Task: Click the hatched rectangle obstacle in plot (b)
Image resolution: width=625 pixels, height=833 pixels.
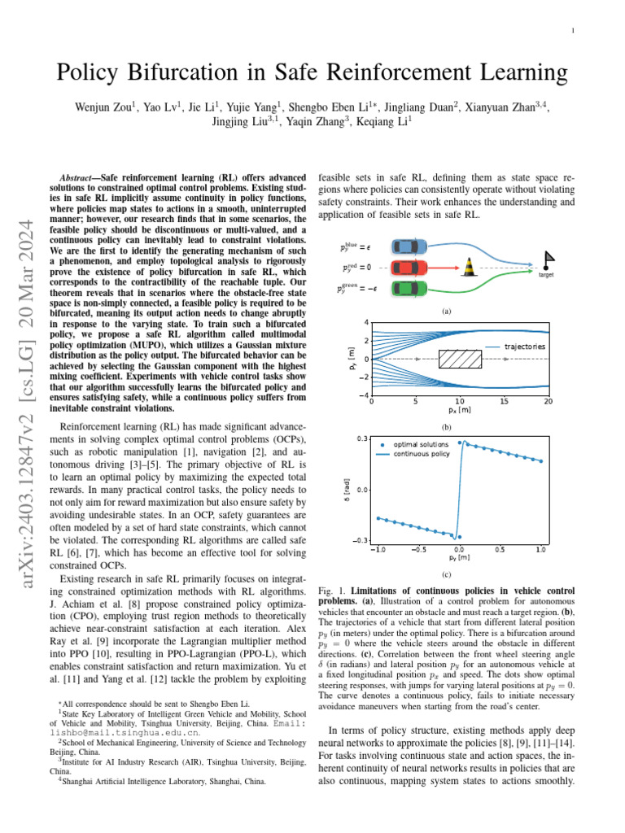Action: coord(460,359)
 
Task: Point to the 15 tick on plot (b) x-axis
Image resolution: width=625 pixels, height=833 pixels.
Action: coord(505,401)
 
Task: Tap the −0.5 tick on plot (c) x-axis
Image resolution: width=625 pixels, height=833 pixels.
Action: coord(417,549)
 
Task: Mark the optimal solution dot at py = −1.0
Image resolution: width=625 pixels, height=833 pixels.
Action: coord(378,517)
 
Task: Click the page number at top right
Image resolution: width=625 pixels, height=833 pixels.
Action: coord(573,31)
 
